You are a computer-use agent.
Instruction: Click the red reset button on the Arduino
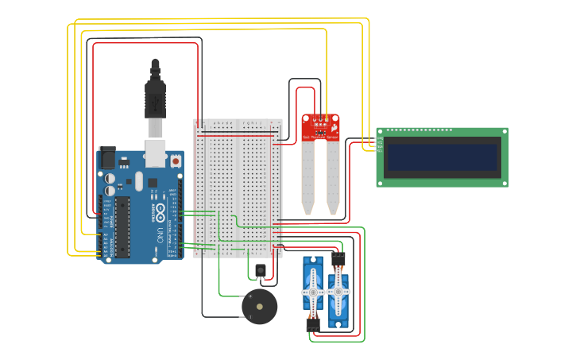(175, 161)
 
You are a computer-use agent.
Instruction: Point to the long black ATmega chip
(122, 227)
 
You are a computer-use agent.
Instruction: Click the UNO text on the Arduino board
(160, 235)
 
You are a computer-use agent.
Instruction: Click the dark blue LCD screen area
(442, 157)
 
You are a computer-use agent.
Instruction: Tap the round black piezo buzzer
(260, 307)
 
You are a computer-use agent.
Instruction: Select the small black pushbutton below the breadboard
(261, 270)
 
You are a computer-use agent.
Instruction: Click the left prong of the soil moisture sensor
(307, 179)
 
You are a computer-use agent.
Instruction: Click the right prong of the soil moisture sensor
(333, 179)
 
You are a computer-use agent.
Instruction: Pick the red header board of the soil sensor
(320, 126)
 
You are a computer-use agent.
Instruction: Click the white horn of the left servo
(313, 292)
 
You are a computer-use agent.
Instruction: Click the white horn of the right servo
(338, 292)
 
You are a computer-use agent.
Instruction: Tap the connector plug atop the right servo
(338, 258)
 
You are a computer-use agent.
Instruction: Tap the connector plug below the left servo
(313, 324)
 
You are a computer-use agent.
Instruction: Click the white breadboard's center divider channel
(238, 188)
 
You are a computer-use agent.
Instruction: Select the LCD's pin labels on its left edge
(380, 144)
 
